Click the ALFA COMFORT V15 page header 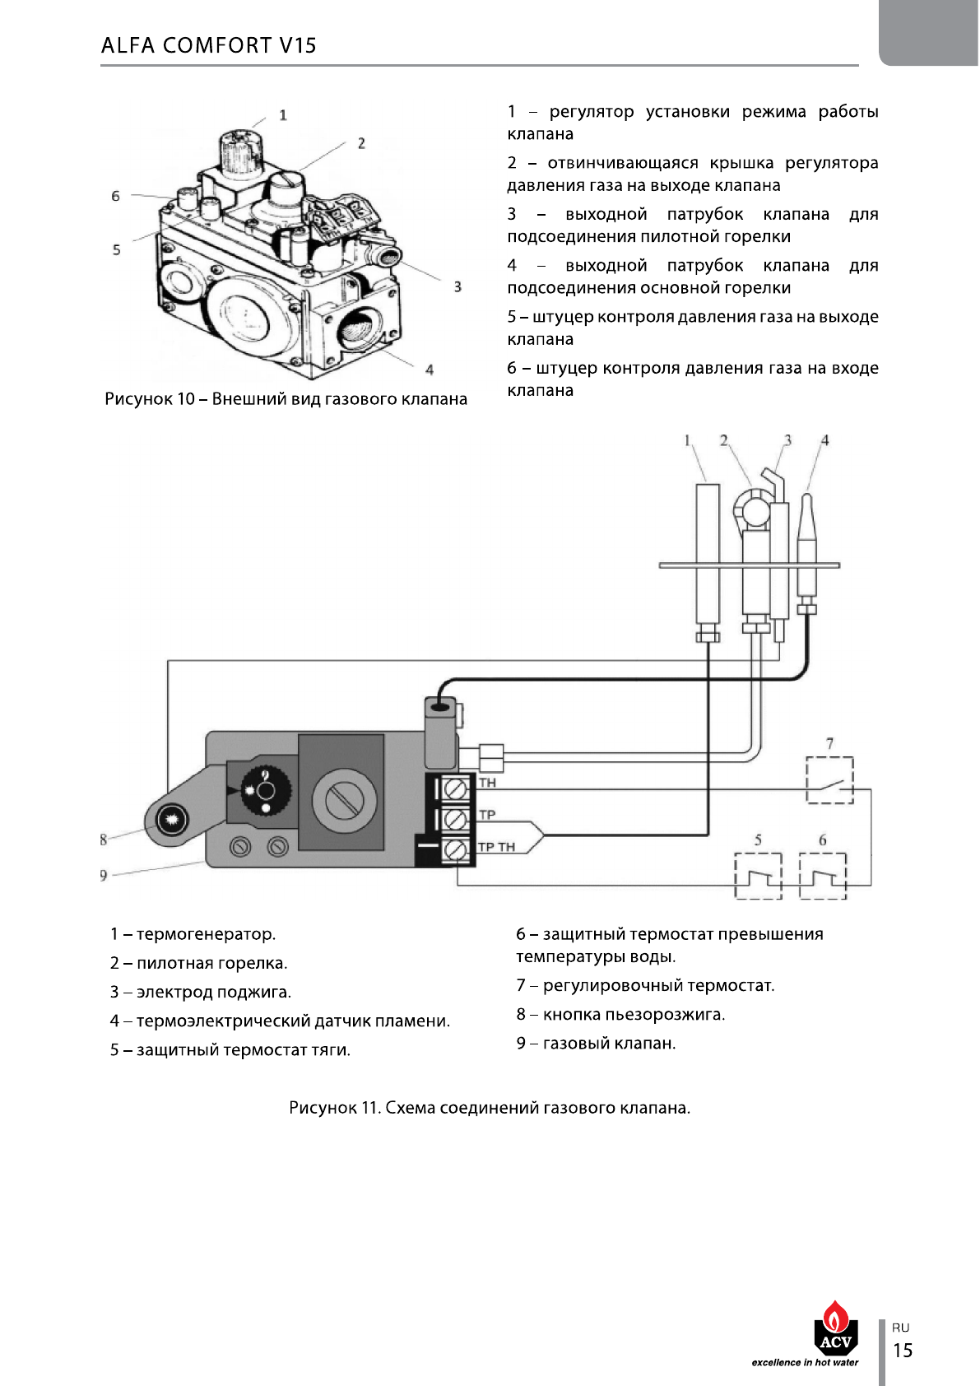[x=208, y=45]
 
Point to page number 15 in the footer [x=903, y=1350]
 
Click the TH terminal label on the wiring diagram [x=487, y=783]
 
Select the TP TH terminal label [x=497, y=847]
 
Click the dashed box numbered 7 [x=829, y=779]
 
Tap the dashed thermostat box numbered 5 [x=758, y=876]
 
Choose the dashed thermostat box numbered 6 [x=822, y=876]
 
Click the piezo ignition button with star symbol [x=171, y=820]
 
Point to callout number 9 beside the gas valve [x=104, y=876]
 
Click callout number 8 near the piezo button [x=104, y=840]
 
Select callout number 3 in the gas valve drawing [x=457, y=286]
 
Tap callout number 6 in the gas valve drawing [x=115, y=196]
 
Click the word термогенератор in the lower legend [x=206, y=933]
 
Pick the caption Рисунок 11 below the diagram [x=490, y=1108]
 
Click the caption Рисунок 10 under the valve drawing [x=286, y=398]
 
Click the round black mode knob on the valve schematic [x=266, y=792]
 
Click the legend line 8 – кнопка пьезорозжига [x=620, y=1014]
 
